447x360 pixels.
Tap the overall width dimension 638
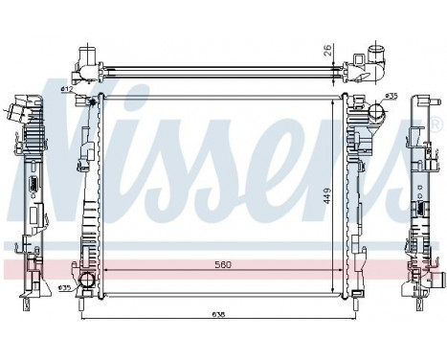[219, 312]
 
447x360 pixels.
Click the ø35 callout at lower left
[65, 288]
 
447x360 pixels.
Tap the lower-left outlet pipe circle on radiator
[87, 281]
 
